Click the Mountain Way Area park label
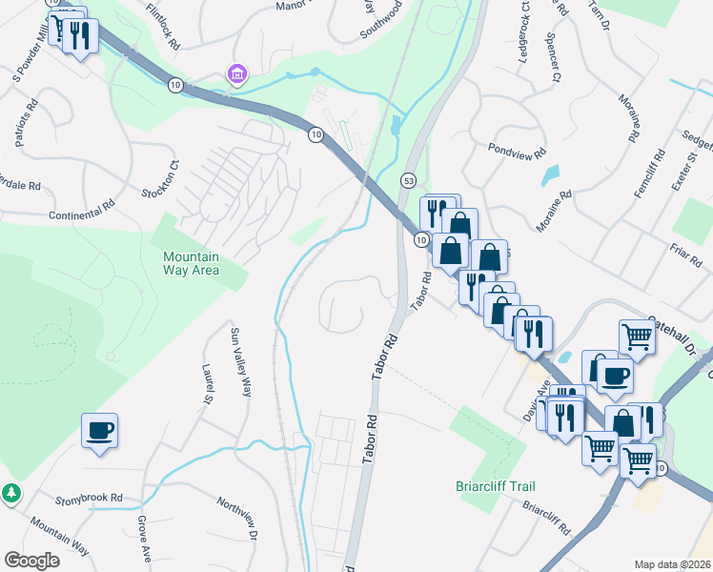pos(191,263)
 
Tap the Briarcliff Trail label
pos(488,485)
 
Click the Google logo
pos(31,560)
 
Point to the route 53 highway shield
pos(408,179)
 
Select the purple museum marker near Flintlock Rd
pos(234,73)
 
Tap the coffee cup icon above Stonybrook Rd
pos(99,431)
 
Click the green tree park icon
pos(11,493)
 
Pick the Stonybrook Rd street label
pos(90,498)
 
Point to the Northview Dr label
pos(237,519)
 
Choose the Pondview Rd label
pos(516,151)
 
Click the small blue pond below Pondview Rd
pos(550,175)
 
